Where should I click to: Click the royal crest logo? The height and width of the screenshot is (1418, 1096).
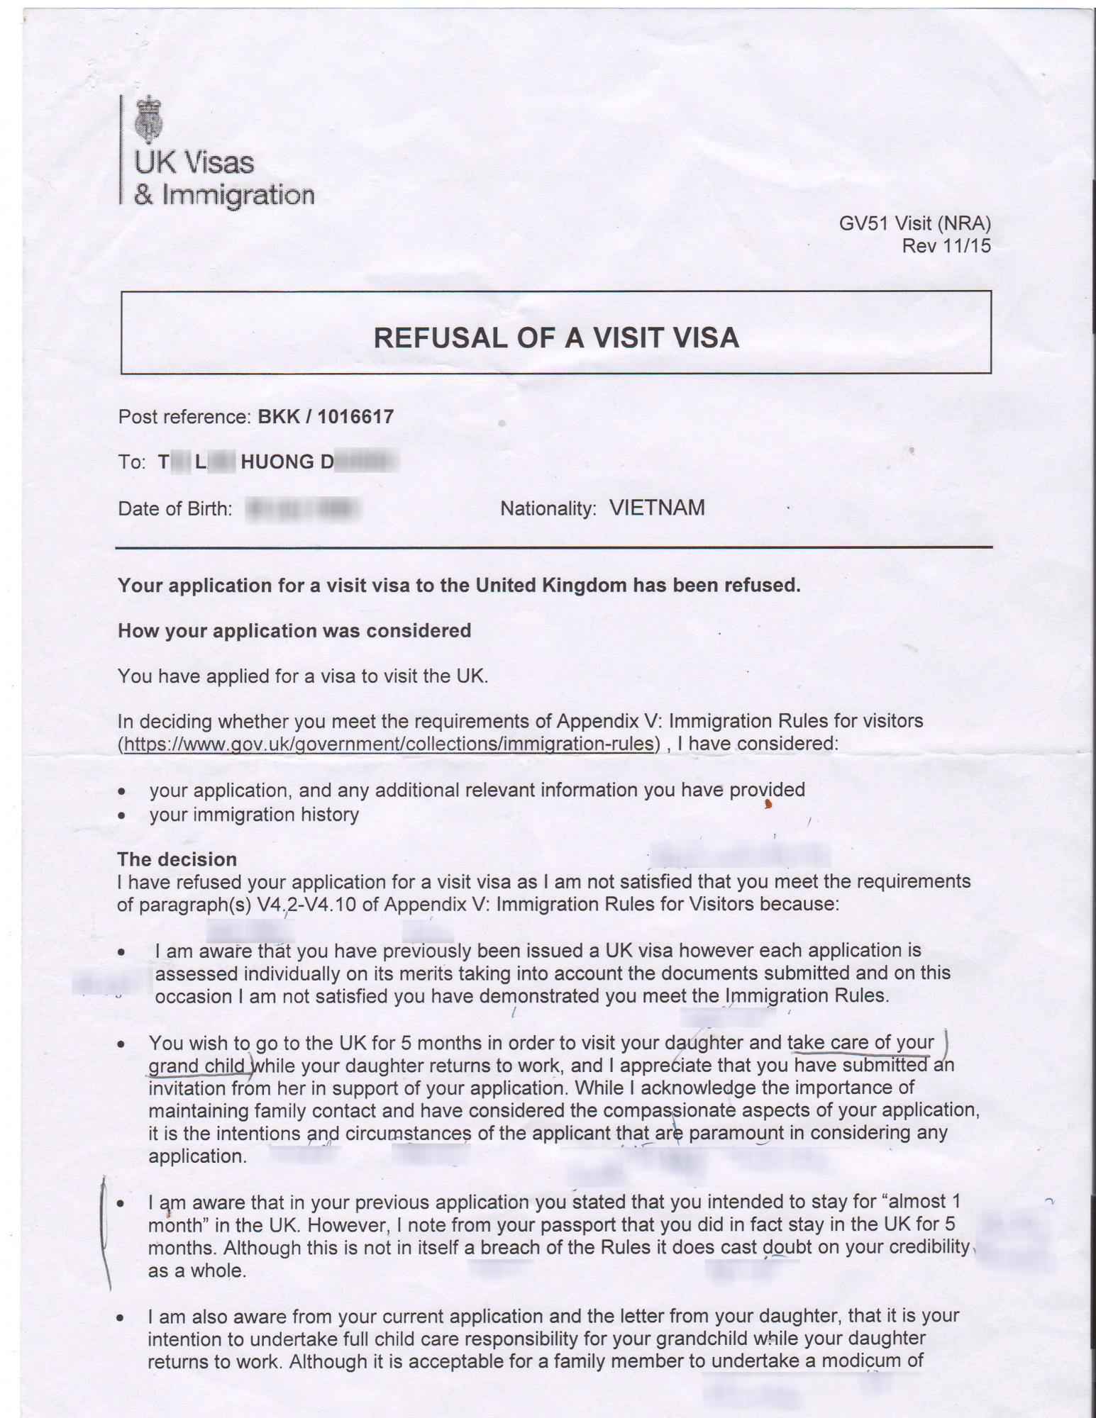(x=148, y=118)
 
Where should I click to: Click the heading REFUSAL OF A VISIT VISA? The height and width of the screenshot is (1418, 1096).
(x=556, y=337)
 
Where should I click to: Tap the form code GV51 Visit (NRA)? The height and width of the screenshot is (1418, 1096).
(x=914, y=223)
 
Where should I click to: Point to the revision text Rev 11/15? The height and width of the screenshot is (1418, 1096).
(x=946, y=246)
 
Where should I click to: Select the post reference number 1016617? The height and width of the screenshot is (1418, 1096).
(x=355, y=416)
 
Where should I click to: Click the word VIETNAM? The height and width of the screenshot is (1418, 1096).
(x=657, y=508)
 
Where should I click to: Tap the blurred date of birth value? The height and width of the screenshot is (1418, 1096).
(x=303, y=509)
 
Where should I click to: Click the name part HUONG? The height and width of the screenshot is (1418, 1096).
(x=277, y=462)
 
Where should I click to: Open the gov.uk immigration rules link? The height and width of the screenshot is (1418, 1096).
(x=389, y=744)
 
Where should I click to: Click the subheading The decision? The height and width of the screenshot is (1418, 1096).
(x=177, y=859)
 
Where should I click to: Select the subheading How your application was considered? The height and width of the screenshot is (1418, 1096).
(x=294, y=630)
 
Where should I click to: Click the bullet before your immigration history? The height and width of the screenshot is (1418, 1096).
(x=123, y=815)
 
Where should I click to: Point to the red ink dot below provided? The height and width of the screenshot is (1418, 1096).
(x=768, y=804)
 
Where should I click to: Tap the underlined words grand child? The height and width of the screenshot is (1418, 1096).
(x=196, y=1066)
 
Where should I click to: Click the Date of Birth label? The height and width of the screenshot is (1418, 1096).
(x=175, y=509)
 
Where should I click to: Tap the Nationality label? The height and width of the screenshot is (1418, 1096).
(x=548, y=508)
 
